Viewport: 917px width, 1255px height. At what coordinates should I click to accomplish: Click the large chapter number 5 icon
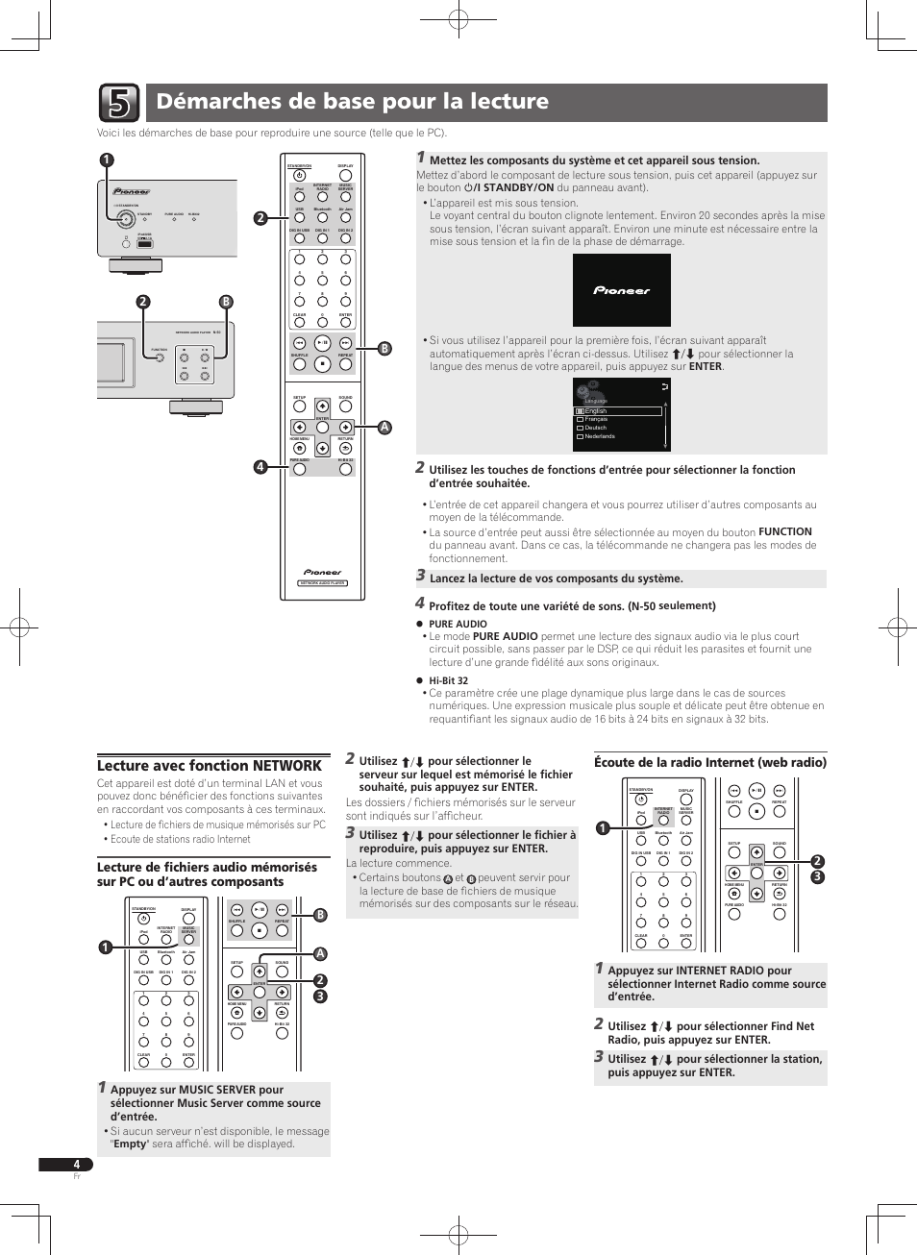click(x=118, y=103)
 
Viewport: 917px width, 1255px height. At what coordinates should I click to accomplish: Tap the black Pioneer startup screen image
click(x=621, y=290)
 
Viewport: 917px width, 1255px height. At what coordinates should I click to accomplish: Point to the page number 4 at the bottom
click(x=76, y=1164)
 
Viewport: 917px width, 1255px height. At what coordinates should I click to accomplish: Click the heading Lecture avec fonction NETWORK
click(x=209, y=766)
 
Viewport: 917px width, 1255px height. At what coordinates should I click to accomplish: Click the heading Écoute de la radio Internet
click(x=709, y=762)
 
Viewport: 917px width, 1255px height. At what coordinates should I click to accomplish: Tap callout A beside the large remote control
click(x=384, y=428)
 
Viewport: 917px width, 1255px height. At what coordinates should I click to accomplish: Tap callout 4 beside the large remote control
click(x=260, y=467)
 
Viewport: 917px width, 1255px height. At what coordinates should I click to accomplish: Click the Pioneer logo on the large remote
click(x=322, y=572)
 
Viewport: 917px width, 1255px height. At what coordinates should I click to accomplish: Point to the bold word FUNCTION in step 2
click(x=784, y=531)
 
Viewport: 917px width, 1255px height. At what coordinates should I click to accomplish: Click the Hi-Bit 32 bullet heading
click(x=448, y=680)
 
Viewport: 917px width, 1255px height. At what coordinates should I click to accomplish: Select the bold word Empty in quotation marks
click(x=130, y=1144)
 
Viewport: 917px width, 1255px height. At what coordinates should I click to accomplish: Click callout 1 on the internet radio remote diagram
click(x=603, y=828)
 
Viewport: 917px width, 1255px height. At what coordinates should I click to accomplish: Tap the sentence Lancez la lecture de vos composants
click(x=556, y=578)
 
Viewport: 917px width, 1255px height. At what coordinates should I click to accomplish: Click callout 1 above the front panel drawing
click(x=106, y=160)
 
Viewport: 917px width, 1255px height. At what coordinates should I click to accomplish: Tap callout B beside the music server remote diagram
click(x=320, y=915)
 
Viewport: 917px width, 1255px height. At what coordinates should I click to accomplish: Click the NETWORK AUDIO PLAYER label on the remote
click(x=322, y=583)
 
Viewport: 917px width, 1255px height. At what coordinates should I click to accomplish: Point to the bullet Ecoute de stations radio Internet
click(x=180, y=839)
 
